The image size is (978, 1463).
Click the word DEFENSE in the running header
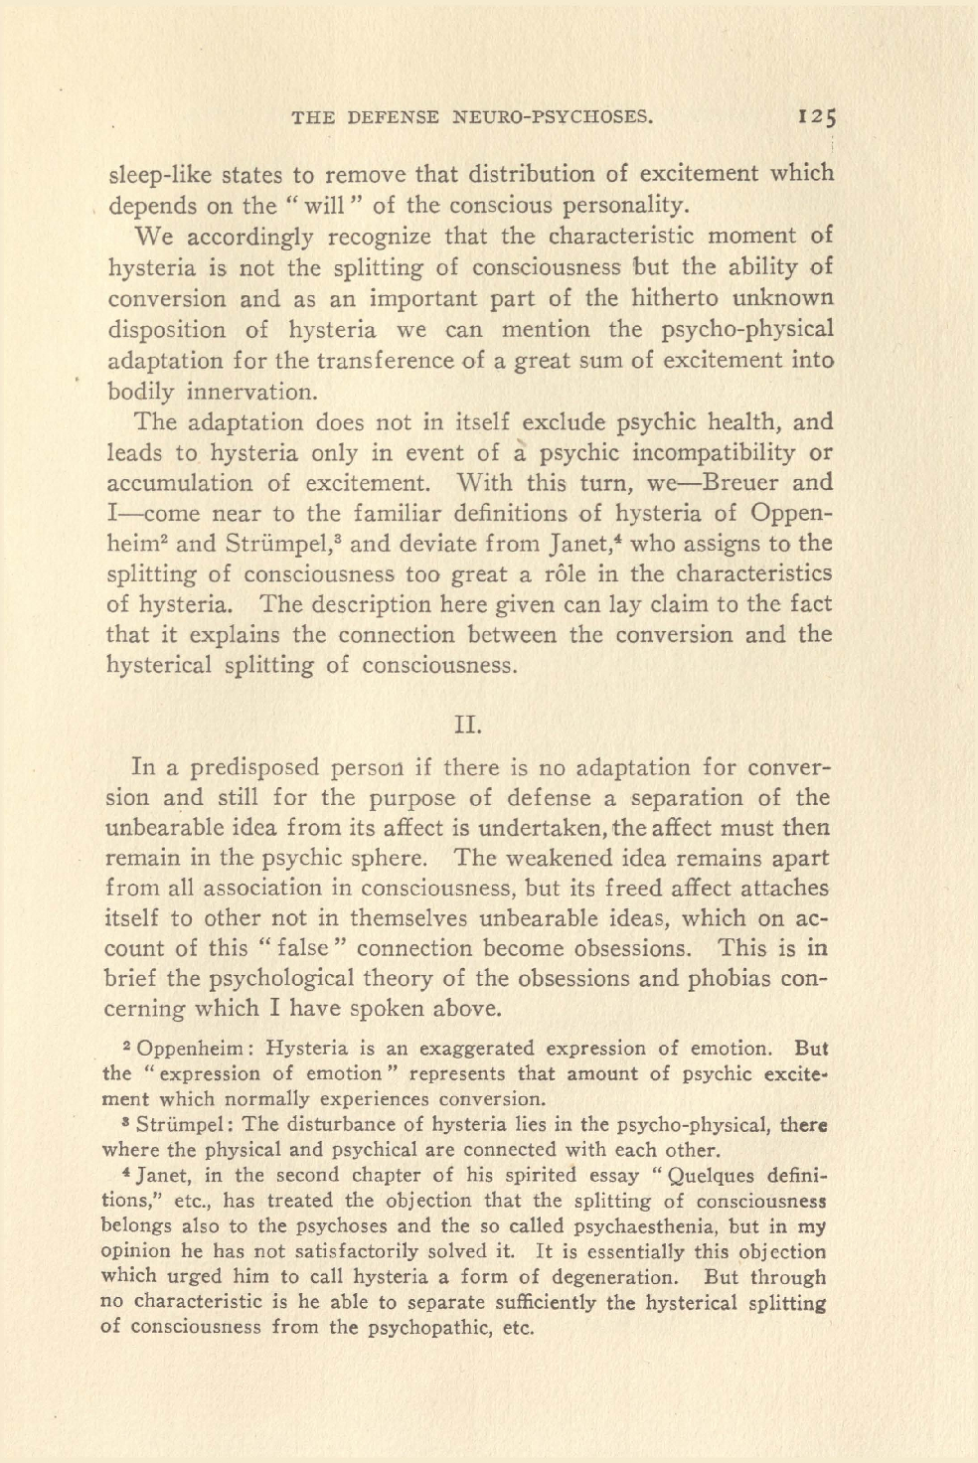(x=394, y=117)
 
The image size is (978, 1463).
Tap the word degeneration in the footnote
(x=600, y=1277)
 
